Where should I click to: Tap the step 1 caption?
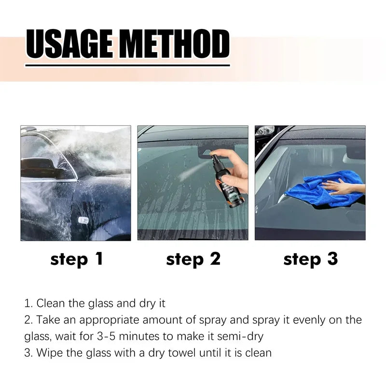coord(77,260)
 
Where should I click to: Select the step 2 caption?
coord(193,260)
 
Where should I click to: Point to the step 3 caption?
coord(310,260)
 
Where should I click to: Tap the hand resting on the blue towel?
coord(342,185)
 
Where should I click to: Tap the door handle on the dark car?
coord(83,220)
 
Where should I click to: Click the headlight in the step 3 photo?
coord(265,131)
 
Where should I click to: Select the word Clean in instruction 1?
coord(51,303)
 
